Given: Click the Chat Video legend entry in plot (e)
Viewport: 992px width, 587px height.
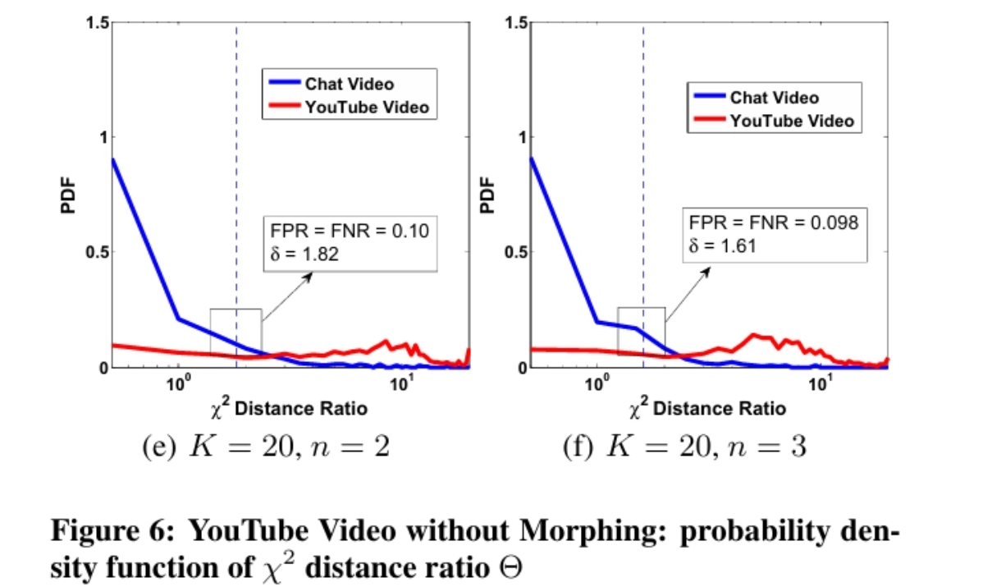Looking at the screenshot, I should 349,84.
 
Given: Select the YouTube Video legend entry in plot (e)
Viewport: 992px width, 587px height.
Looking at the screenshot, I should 366,107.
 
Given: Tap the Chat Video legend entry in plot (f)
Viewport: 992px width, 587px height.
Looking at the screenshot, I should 774,98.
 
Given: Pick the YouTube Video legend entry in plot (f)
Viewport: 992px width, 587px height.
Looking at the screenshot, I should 791,121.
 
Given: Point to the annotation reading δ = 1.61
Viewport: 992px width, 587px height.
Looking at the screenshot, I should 722,245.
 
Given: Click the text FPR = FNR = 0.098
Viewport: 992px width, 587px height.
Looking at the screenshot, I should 773,222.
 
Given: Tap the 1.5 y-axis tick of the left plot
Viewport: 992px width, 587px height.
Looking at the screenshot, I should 98,22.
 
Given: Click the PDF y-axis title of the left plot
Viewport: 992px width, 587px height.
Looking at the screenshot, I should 68,195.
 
